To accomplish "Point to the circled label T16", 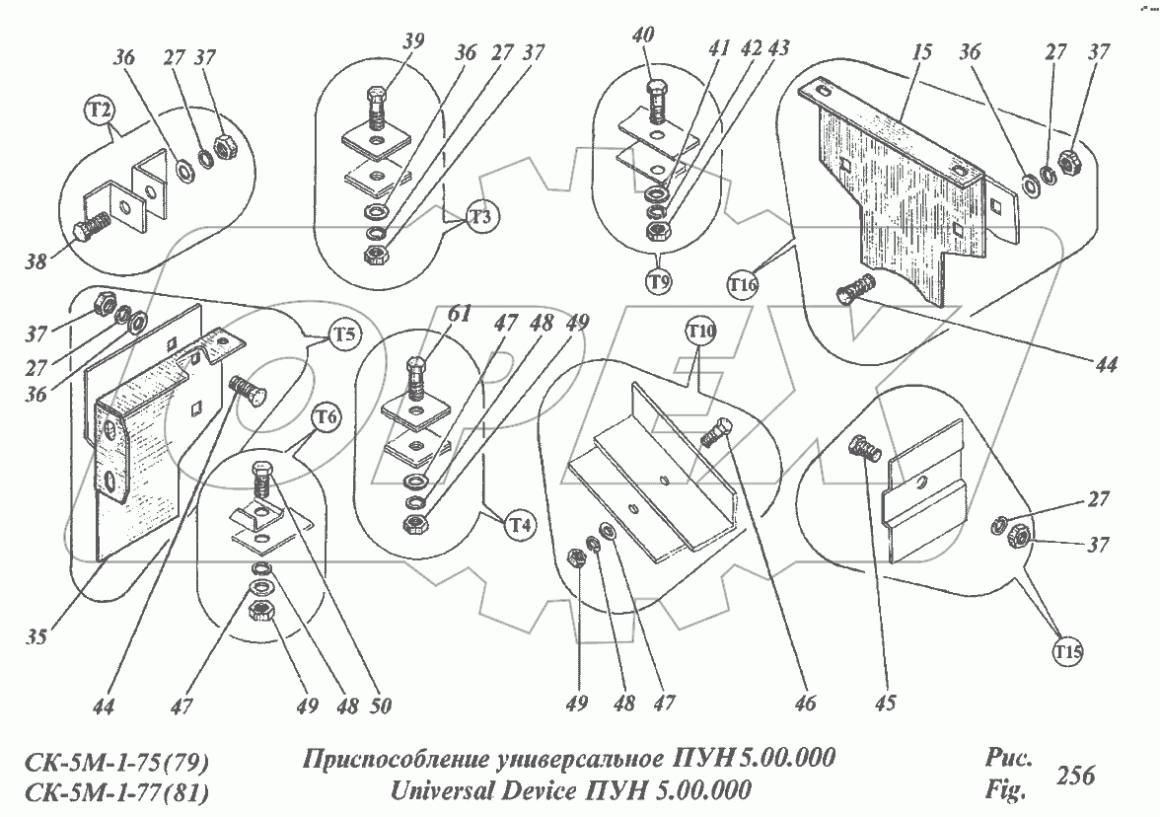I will point(745,285).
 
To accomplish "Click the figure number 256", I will point(1075,777).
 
